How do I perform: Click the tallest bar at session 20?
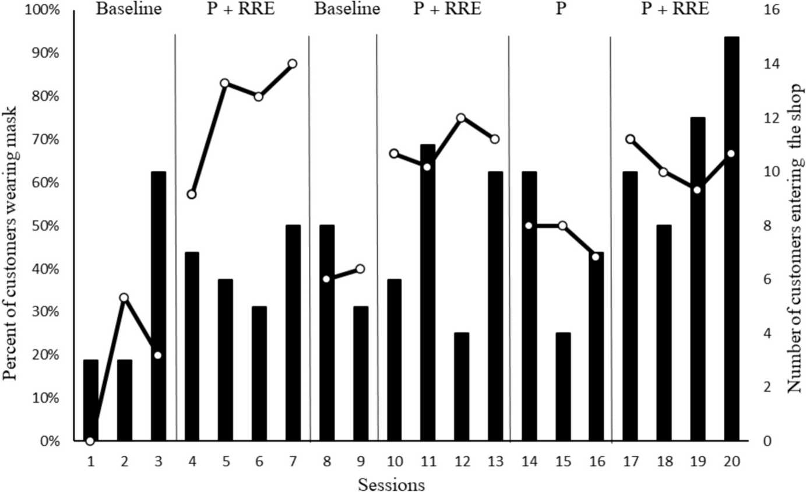[731, 239]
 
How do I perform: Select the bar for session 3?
[158, 306]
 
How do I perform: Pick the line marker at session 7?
[293, 64]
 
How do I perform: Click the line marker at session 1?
[90, 440]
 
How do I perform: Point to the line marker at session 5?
[225, 83]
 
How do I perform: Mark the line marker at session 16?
[596, 256]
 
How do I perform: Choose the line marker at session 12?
[461, 118]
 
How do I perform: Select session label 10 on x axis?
[394, 461]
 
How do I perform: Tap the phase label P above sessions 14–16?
[560, 10]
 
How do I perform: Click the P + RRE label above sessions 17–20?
[675, 10]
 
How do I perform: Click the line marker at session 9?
[360, 269]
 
